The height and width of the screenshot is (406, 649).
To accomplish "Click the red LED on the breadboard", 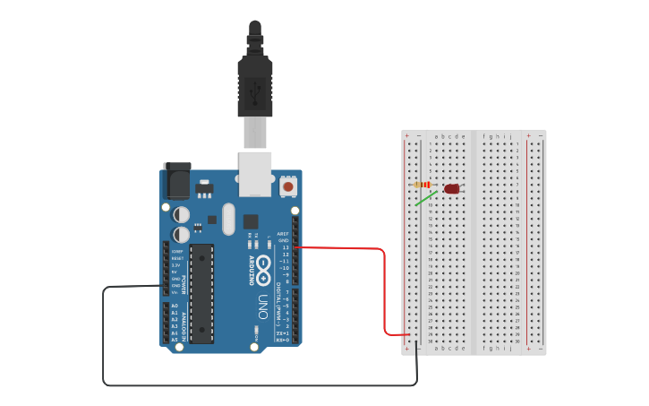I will (452, 189).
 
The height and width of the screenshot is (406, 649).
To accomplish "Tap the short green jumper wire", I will (426, 198).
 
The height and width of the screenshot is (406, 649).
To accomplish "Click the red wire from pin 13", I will (384, 287).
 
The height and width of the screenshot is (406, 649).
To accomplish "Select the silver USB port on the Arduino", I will (254, 173).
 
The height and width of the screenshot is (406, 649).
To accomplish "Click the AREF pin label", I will (283, 234).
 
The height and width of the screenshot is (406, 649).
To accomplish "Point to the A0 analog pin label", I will (175, 306).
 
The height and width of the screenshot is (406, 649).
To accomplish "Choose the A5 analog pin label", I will (175, 340).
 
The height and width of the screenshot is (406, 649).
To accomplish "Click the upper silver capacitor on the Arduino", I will (181, 214).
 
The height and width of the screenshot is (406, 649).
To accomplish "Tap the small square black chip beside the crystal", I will (251, 220).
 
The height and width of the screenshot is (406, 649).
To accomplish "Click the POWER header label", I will (184, 286).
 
